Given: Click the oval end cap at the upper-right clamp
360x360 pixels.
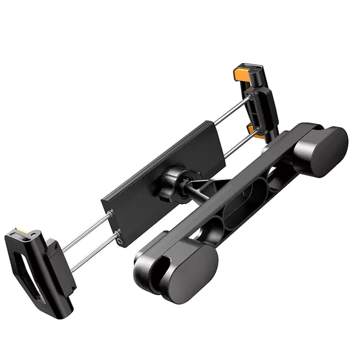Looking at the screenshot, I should tap(324, 151).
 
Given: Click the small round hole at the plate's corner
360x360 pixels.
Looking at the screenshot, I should tap(122, 243).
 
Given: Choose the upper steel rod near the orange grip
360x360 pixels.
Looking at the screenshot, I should tap(231, 111).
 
